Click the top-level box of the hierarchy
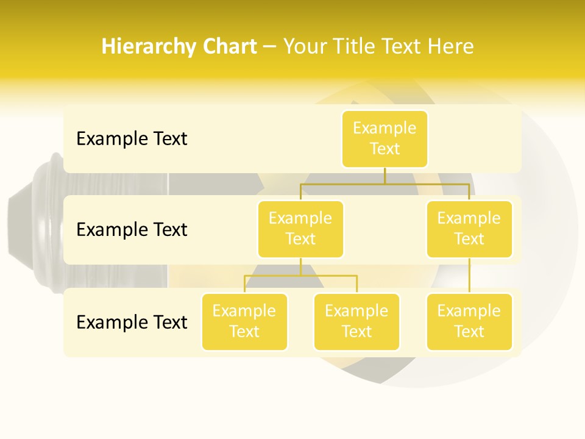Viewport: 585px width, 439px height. point(385,139)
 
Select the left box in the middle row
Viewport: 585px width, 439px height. point(300,229)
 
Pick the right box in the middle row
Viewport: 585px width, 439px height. point(469,229)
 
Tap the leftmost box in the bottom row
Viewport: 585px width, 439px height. point(244,322)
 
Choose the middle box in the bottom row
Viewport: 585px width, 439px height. point(356,322)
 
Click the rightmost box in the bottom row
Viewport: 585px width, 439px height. point(469,322)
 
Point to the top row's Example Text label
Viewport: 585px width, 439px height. point(132,139)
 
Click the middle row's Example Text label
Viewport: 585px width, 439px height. point(132,230)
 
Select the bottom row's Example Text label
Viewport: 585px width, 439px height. point(132,322)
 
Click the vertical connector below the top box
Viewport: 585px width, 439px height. point(385,176)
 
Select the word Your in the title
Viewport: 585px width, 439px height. point(303,47)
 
